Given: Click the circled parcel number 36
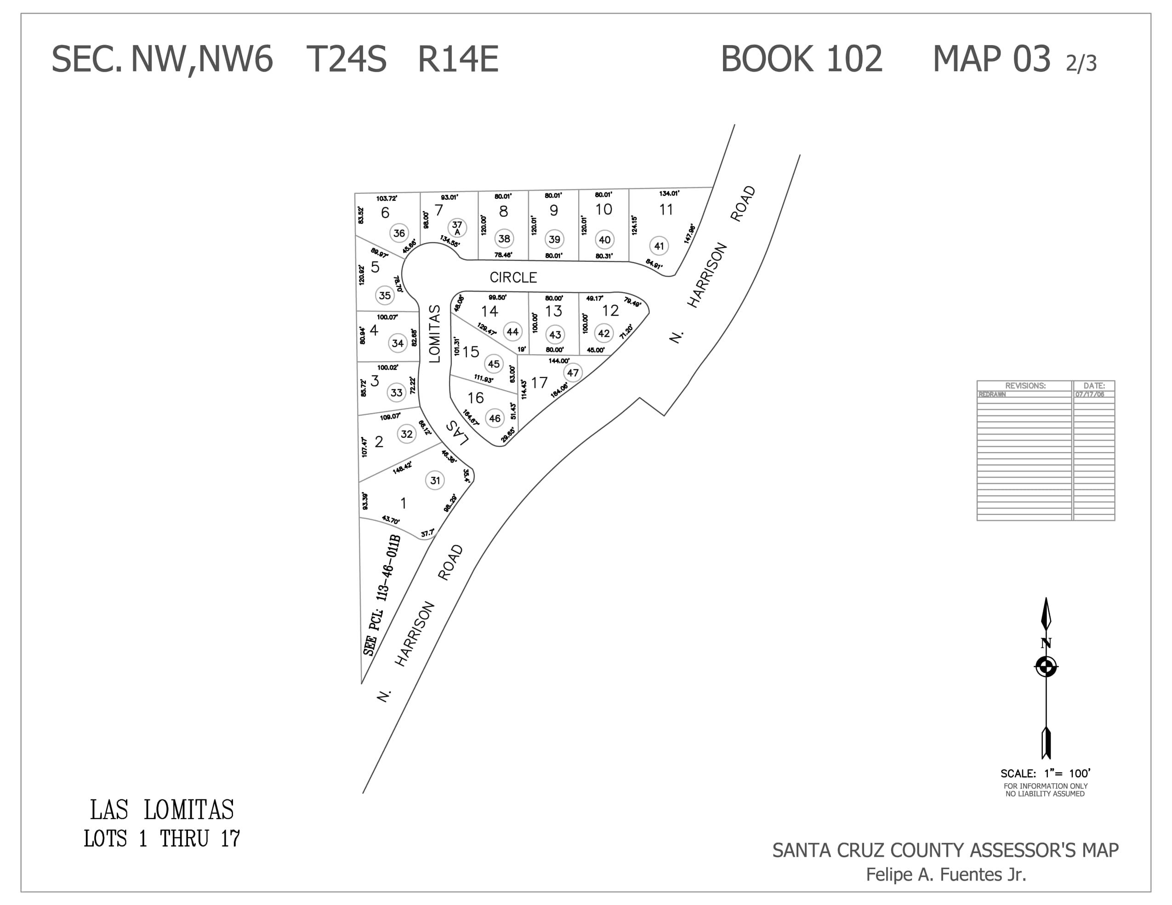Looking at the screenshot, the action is click(399, 233).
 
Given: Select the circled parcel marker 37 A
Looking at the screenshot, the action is click(457, 227).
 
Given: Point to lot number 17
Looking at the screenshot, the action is click(539, 383).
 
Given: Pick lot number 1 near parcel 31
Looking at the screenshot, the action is click(403, 503).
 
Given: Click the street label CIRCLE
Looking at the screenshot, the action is click(513, 277).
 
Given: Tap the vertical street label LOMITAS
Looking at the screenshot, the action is click(435, 334).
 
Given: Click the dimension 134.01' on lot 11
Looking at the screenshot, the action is click(669, 193).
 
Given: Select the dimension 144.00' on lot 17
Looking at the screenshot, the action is click(558, 361).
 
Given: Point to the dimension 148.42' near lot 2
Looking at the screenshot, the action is click(402, 467).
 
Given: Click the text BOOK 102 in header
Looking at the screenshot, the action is click(801, 58).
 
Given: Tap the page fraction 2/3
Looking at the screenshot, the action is click(1081, 63).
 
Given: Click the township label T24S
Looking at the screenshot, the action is click(346, 58).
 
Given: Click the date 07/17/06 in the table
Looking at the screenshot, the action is click(1089, 394).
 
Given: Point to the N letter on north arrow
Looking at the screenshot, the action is click(1045, 643).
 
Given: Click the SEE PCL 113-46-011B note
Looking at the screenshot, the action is click(382, 595).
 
